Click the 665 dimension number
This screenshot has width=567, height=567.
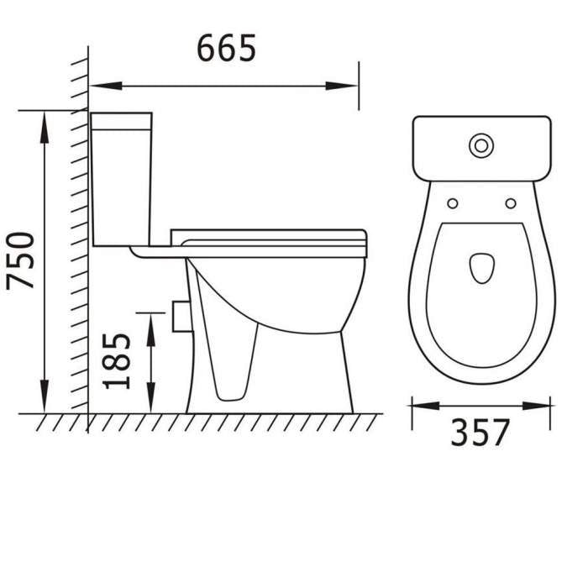(x=226, y=50)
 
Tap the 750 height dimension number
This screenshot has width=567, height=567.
(x=23, y=260)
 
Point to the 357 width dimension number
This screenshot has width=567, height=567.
(x=480, y=433)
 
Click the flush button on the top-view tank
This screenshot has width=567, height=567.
(x=481, y=145)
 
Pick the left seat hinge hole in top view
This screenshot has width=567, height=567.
(x=453, y=203)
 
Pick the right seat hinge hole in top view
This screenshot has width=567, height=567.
(x=510, y=203)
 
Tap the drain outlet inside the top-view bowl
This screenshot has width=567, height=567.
(x=481, y=267)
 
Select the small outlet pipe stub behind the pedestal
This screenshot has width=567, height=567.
(x=177, y=315)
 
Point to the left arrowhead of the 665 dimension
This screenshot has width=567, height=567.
(x=106, y=86)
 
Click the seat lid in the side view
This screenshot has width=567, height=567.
(x=269, y=235)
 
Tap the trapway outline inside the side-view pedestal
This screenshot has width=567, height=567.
(x=235, y=361)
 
